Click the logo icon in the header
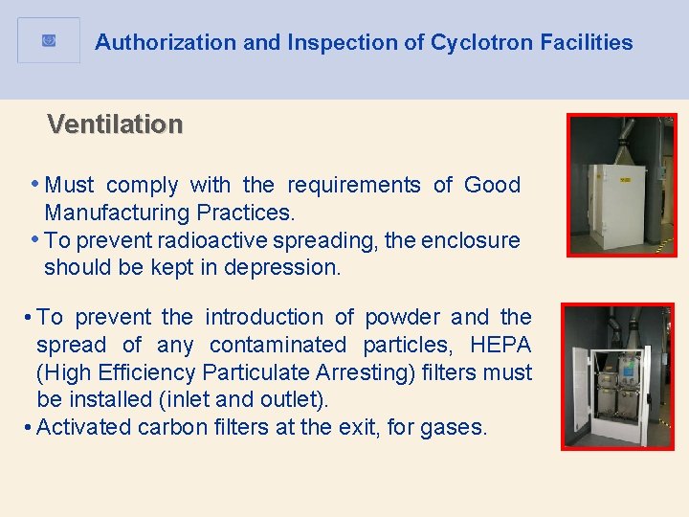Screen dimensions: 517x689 point(49,40)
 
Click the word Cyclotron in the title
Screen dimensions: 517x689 point(475,42)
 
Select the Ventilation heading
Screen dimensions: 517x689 point(115,124)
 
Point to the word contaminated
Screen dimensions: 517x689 point(278,344)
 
